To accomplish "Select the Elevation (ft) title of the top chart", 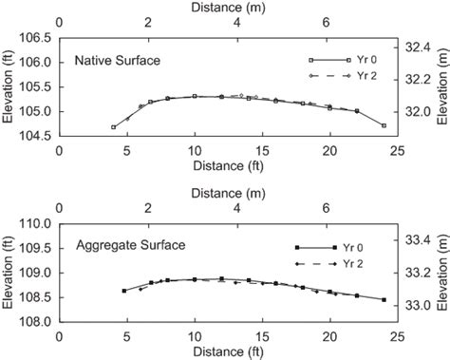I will (x=9, y=87).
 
